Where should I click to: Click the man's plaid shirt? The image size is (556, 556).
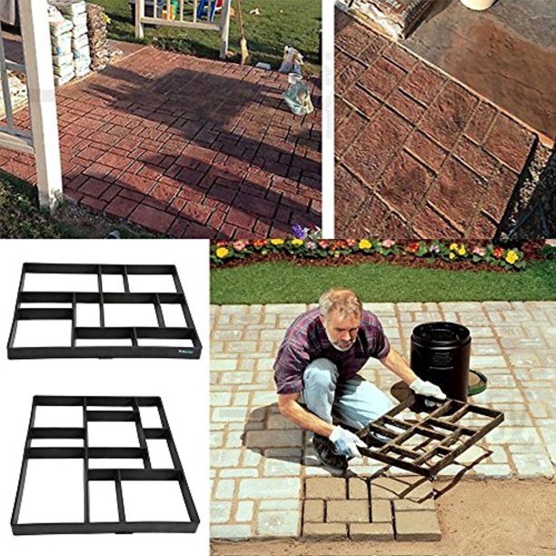(313, 351)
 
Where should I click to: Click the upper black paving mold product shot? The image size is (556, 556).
(102, 308)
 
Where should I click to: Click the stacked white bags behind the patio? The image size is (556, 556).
(64, 41)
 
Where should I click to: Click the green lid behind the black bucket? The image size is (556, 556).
(478, 382)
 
